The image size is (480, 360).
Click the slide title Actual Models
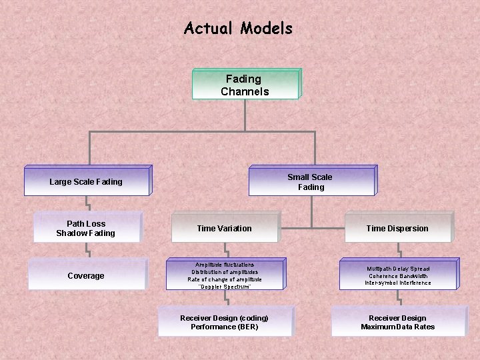coord(238,29)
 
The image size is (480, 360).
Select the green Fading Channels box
coord(245,85)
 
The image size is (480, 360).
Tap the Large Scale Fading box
coord(86,181)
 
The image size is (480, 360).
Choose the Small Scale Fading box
coord(310,181)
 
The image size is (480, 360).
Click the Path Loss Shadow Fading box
coord(86,228)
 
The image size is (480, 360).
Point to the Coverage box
coord(86,276)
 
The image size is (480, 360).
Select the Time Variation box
coord(224,228)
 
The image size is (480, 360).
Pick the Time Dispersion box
coord(397,228)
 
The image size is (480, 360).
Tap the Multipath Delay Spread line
coord(397,269)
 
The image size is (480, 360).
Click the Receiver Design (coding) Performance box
coord(224,323)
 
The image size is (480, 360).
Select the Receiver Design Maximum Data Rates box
coord(397,323)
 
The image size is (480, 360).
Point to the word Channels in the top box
coord(245,91)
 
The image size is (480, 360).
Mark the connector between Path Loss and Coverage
coord(87,250)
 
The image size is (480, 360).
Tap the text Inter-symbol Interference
coord(397,283)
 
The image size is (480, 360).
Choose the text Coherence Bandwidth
coord(397,276)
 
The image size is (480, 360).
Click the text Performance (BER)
coord(224,327)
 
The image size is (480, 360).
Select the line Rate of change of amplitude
coord(224,279)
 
